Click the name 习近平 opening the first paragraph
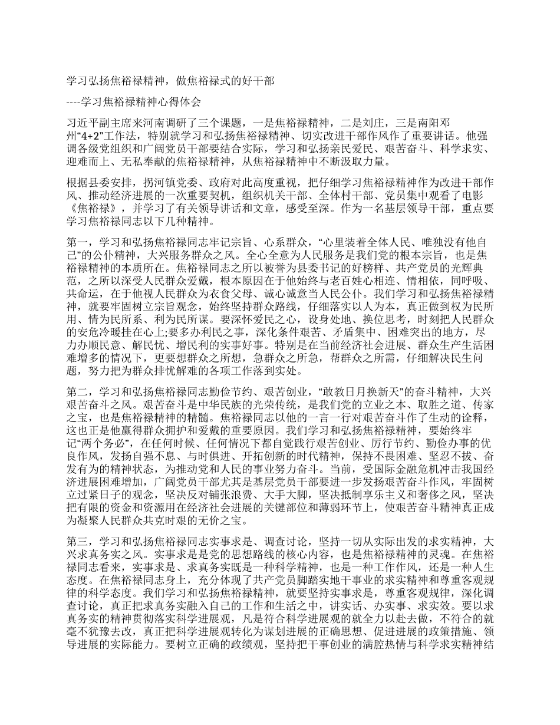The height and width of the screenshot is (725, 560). point(83,123)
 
